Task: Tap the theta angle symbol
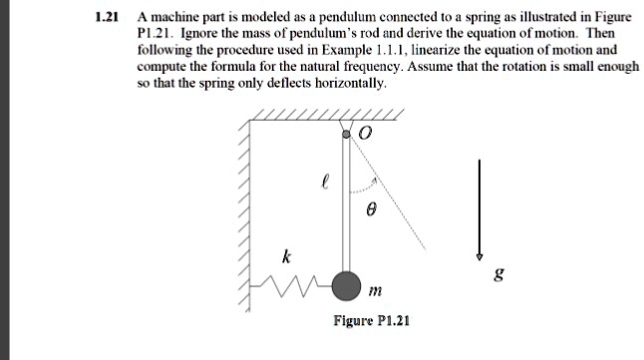[x=370, y=211]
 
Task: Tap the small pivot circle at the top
[x=346, y=132]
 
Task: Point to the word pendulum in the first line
[x=336, y=17]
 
